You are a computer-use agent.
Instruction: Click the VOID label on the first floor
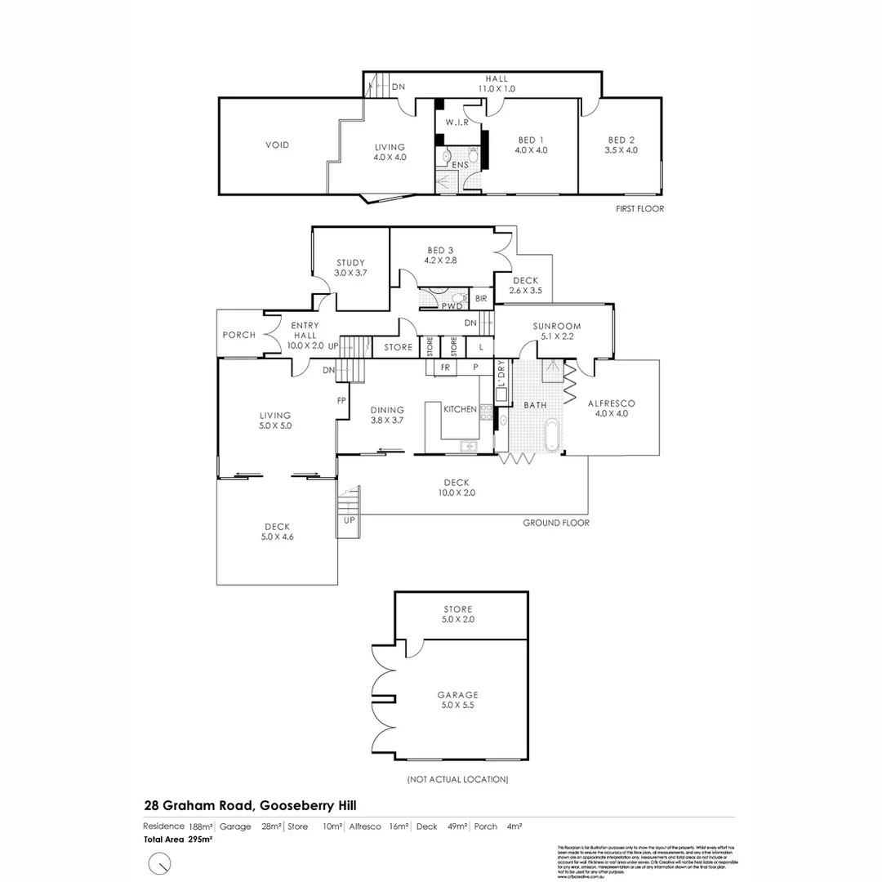[278, 145]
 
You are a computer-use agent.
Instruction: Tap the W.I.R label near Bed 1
[456, 123]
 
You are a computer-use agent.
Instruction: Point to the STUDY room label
[350, 263]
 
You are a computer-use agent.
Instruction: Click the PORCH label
[239, 335]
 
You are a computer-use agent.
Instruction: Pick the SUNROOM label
[556, 327]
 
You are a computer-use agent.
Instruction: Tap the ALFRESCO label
[612, 403]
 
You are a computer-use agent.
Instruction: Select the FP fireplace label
[342, 401]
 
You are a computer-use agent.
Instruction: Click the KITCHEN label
[460, 409]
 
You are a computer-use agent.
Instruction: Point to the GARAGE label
[457, 695]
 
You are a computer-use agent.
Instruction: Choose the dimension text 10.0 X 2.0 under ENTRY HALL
[305, 346]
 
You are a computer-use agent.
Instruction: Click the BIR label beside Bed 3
[481, 300]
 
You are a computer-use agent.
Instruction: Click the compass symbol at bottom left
[160, 862]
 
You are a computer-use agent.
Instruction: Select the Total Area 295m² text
[178, 839]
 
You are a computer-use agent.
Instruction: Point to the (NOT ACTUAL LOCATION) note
[457, 780]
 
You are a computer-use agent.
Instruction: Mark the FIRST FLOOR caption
[639, 209]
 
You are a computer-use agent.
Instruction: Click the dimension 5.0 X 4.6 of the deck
[277, 538]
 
